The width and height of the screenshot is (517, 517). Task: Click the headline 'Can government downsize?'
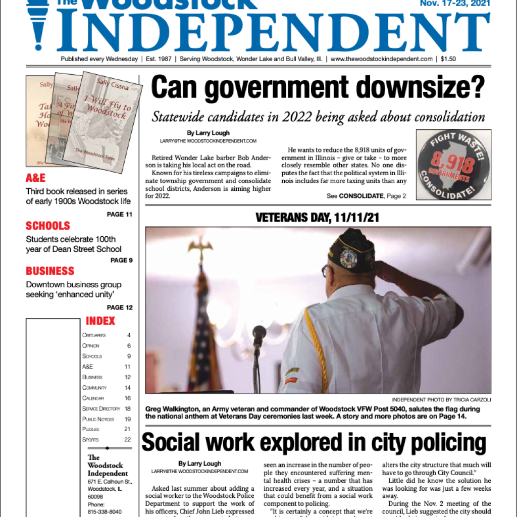pyautogui.click(x=318, y=88)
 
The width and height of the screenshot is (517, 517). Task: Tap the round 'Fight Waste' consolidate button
pyautogui.click(x=453, y=165)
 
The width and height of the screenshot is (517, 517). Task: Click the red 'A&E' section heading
pyautogui.click(x=36, y=178)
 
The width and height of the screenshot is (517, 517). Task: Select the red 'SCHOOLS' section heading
pyautogui.click(x=48, y=226)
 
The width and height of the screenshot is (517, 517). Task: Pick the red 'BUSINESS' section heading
pyautogui.click(x=50, y=271)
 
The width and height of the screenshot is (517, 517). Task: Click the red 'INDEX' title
pyautogui.click(x=100, y=321)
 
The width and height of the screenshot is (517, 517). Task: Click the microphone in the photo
pyautogui.click(x=259, y=334)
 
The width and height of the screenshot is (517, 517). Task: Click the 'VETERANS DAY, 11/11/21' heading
pyautogui.click(x=318, y=218)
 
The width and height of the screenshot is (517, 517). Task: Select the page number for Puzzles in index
pyautogui.click(x=127, y=429)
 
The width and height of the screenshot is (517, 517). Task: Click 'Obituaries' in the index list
pyautogui.click(x=94, y=335)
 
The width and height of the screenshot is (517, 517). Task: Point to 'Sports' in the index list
pyautogui.click(x=91, y=440)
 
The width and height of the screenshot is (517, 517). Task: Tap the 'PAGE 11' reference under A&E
pyautogui.click(x=120, y=214)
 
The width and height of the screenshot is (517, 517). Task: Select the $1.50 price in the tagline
pyautogui.click(x=448, y=59)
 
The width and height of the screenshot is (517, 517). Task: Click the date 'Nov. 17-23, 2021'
pyautogui.click(x=455, y=4)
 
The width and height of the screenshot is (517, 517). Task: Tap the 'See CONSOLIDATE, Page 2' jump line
pyautogui.click(x=366, y=196)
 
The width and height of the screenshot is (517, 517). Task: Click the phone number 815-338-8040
pyautogui.click(x=105, y=511)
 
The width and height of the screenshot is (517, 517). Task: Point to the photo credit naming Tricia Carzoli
pyautogui.click(x=441, y=400)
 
